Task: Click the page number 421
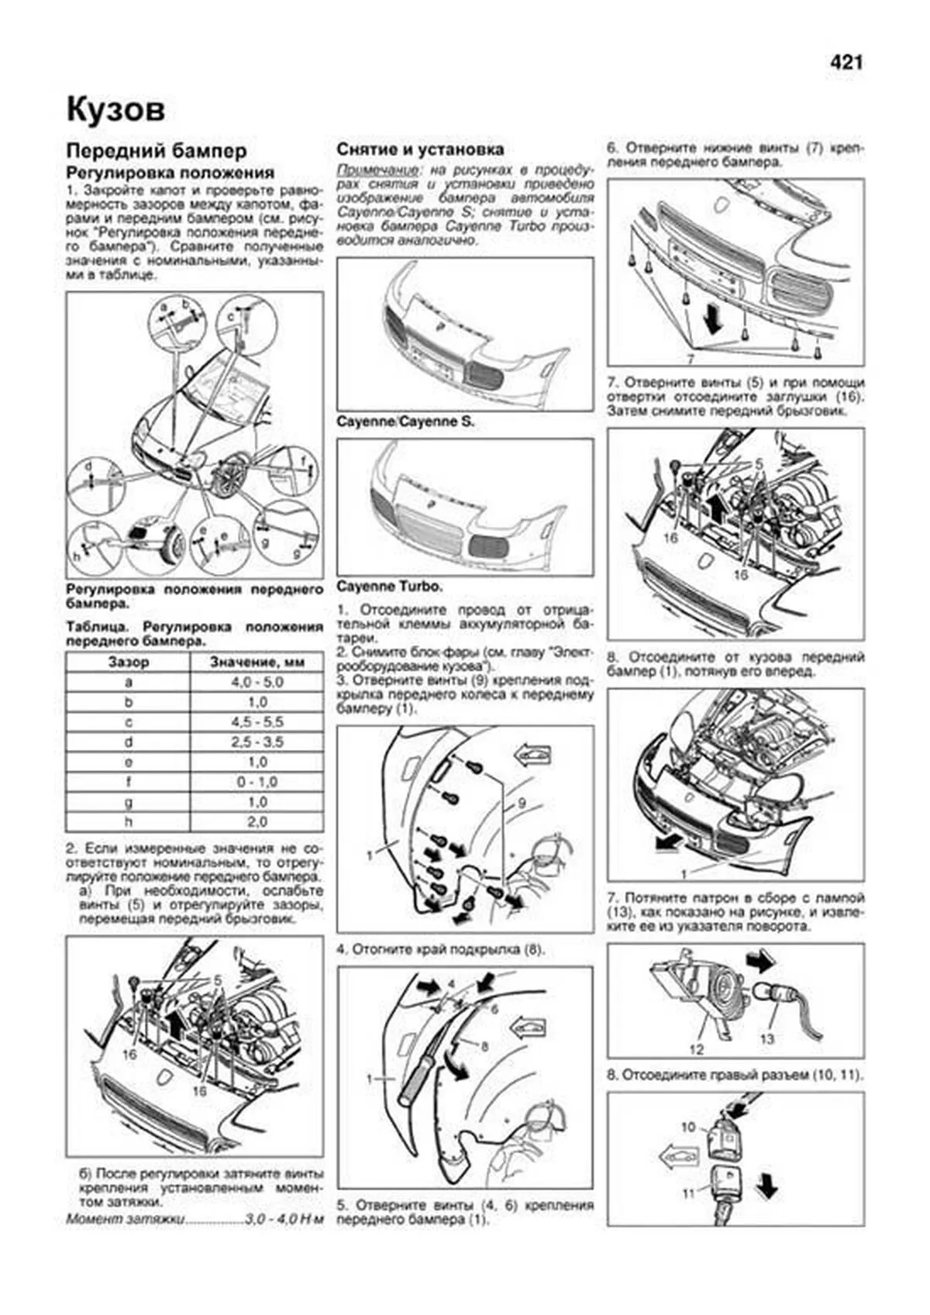[x=846, y=62]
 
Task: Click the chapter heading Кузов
[x=115, y=109]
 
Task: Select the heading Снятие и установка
[x=420, y=149]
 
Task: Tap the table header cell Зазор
[x=129, y=662]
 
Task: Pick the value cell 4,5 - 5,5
[x=257, y=721]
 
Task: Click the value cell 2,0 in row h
[x=257, y=821]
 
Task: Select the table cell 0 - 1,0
[x=257, y=782]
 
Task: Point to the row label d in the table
[x=129, y=742]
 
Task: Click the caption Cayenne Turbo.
[x=390, y=586]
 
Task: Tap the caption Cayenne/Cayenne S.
[x=405, y=422]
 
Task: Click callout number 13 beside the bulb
[x=766, y=1038]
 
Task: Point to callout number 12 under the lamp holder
[x=696, y=1049]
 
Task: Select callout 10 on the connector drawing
[x=688, y=1127]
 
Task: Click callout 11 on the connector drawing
[x=688, y=1193]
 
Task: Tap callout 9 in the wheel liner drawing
[x=522, y=803]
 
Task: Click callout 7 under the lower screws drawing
[x=689, y=359]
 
